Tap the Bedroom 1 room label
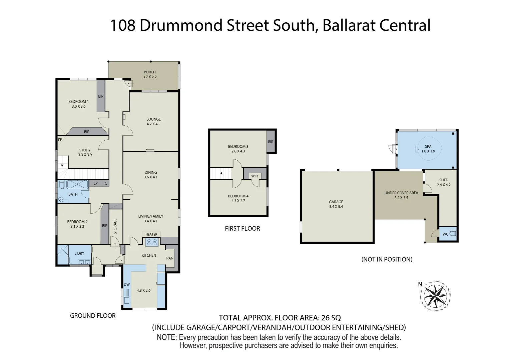click(x=78, y=102)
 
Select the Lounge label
click(x=153, y=119)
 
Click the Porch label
click(x=150, y=72)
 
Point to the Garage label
click(x=336, y=202)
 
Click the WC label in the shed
click(x=445, y=234)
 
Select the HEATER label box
click(x=151, y=234)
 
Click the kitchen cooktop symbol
click(x=152, y=242)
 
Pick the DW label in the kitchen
click(x=127, y=285)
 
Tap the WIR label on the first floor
click(x=255, y=176)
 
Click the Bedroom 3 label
click(x=238, y=146)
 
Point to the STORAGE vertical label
click(x=115, y=226)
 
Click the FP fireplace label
click(x=60, y=140)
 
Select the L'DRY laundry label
click(x=79, y=253)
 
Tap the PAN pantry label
click(x=170, y=258)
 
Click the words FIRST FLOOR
click(x=242, y=229)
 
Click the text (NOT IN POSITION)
click(x=387, y=259)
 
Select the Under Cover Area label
click(x=401, y=193)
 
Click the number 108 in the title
click(x=122, y=26)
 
